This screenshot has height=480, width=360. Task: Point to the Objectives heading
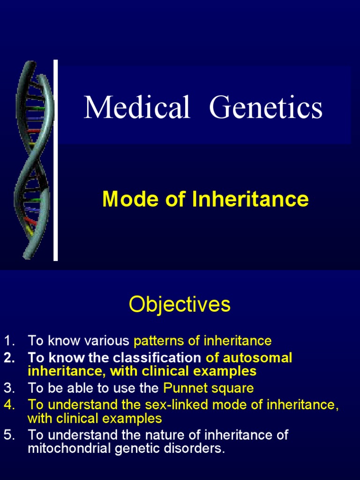[180, 304]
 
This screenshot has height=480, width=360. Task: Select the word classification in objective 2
[157, 358]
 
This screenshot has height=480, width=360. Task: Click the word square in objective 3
[232, 388]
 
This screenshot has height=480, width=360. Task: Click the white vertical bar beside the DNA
[56, 160]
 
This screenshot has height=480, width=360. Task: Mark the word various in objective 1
[108, 341]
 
